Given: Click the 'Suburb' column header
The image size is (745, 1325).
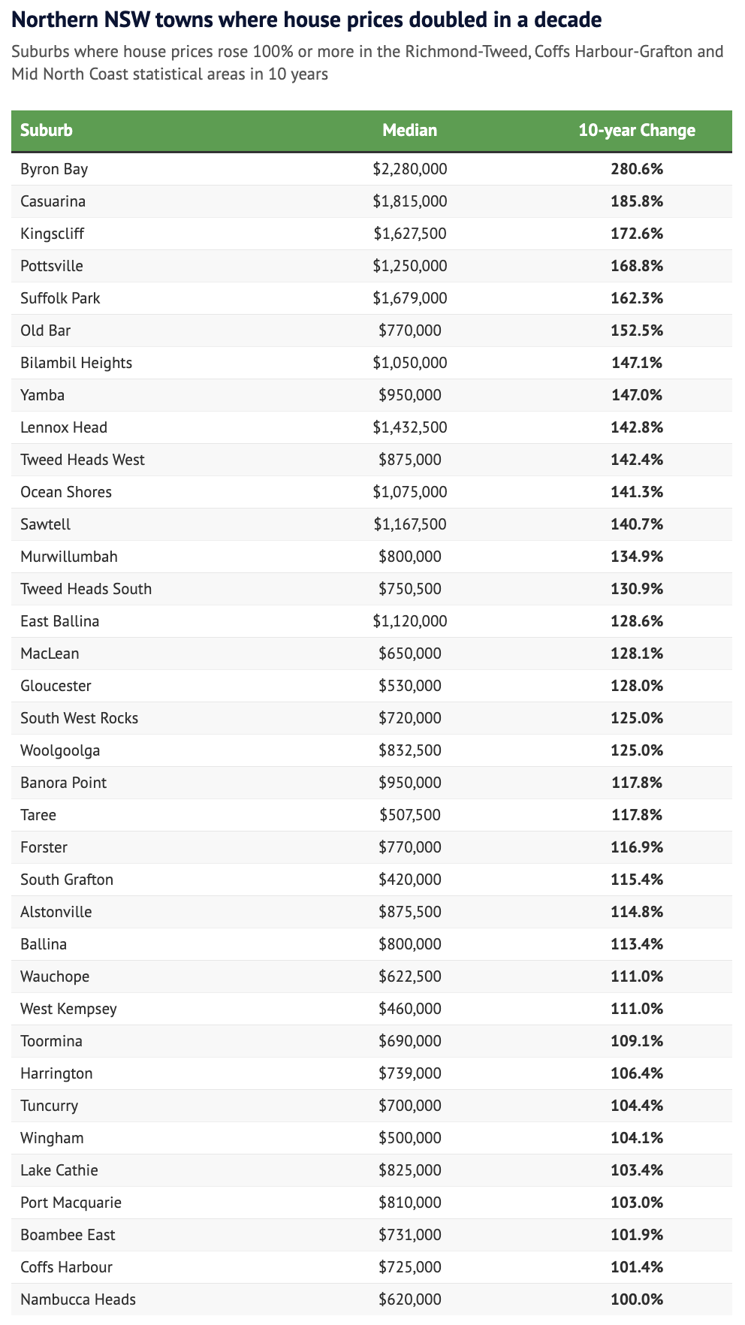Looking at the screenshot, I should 47,130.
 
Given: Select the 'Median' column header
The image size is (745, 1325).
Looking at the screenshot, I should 409,130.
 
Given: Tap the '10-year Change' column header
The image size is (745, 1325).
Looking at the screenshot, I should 637,130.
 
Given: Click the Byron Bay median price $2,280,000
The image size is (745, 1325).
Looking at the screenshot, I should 409,169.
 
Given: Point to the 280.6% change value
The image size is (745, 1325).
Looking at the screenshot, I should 637,169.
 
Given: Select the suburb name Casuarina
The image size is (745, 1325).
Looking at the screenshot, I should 53,201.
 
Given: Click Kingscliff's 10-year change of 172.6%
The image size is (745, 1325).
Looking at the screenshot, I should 637,234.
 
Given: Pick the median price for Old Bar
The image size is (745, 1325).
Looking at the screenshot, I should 409,330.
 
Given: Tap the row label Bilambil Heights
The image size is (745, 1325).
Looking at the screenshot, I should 77,363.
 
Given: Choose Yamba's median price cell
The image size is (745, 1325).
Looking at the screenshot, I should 409,395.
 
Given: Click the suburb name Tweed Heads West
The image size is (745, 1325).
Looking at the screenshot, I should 83,460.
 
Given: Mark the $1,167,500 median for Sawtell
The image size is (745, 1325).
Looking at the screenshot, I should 409,524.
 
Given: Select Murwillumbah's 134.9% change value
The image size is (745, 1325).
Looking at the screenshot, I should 637,557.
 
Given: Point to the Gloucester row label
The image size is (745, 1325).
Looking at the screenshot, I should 56,686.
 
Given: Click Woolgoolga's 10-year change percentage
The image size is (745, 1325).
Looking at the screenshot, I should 637,750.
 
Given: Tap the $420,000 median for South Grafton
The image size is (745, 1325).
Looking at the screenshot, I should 409,880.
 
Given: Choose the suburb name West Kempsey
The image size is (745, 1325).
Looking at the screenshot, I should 69,1009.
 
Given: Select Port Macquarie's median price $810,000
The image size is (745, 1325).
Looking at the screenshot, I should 409,1203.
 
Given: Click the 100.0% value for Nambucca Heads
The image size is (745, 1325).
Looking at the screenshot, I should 637,1299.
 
